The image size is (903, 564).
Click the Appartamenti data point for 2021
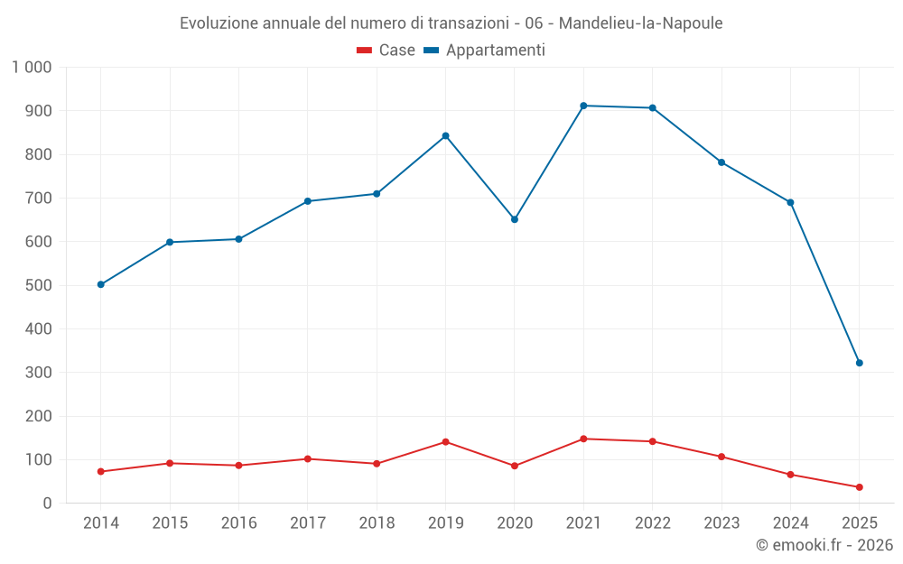pyautogui.click(x=583, y=106)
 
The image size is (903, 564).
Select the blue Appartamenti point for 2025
pyautogui.click(x=860, y=363)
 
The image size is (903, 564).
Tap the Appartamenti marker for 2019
pyautogui.click(x=445, y=135)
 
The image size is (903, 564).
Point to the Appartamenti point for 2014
pyautogui.click(x=100, y=284)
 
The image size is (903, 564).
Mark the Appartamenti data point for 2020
pyautogui.click(x=515, y=219)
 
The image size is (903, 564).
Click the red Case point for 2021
pyautogui.click(x=583, y=439)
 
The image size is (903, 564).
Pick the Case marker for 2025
pyautogui.click(x=860, y=487)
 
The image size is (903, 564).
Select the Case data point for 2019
pyautogui.click(x=445, y=441)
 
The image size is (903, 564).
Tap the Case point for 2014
pyautogui.click(x=100, y=471)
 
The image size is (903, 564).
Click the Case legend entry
pyautogui.click(x=386, y=51)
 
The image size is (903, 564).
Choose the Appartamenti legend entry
pyautogui.click(x=485, y=51)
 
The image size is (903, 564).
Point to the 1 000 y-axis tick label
pyautogui.click(x=32, y=67)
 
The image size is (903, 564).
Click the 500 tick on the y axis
pyautogui.click(x=39, y=285)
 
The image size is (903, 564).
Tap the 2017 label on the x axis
pyautogui.click(x=308, y=523)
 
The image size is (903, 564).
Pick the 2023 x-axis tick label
pyautogui.click(x=721, y=523)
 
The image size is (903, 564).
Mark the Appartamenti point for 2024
pyautogui.click(x=790, y=202)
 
